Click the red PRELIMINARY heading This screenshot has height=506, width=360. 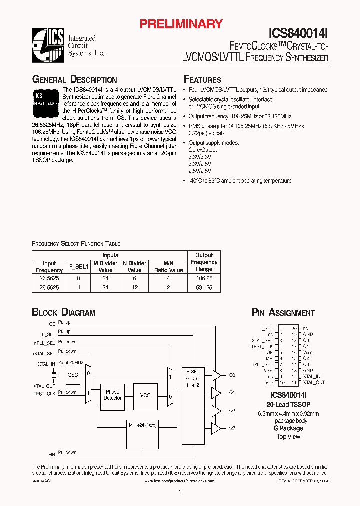click(x=180, y=23)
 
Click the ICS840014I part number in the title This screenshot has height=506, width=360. click(x=298, y=33)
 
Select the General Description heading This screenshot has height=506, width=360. click(x=74, y=80)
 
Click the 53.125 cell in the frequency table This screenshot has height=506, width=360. click(x=204, y=288)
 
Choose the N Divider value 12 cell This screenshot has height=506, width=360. click(x=134, y=288)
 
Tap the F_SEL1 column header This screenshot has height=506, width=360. click(x=78, y=267)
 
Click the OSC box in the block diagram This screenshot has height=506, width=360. click(x=73, y=374)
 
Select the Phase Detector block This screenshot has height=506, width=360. click(x=112, y=395)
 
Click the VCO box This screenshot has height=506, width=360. click(x=145, y=395)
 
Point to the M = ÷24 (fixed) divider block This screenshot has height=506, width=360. click(x=142, y=425)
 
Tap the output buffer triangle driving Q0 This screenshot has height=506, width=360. click(x=216, y=375)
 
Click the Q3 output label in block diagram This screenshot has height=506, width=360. click(x=232, y=428)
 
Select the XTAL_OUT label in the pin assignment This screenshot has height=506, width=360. click(x=313, y=382)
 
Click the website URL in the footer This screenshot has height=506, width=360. click(x=179, y=480)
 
